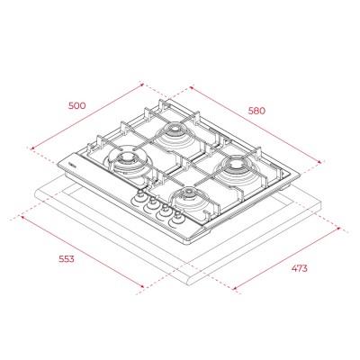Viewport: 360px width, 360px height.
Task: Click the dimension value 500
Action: pyautogui.click(x=77, y=105)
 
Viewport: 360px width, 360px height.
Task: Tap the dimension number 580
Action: pyautogui.click(x=256, y=111)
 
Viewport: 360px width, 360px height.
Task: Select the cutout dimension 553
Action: pyautogui.click(x=67, y=259)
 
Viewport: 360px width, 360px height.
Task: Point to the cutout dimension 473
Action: pyautogui.click(x=299, y=268)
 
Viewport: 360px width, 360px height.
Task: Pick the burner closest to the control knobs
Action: pyautogui.click(x=190, y=199)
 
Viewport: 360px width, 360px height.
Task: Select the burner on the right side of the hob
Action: pyautogui.click(x=235, y=168)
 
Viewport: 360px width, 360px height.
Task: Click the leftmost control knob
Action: pyautogui.click(x=139, y=196)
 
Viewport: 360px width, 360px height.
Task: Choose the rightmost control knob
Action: pyautogui.click(x=176, y=218)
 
